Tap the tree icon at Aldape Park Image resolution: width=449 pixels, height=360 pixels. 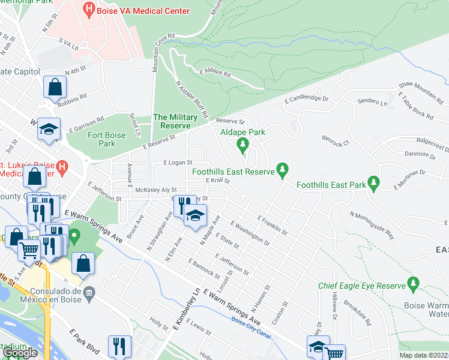pyautogui.click(x=243, y=144)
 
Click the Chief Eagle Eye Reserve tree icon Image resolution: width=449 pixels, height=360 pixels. pyautogui.click(x=412, y=282)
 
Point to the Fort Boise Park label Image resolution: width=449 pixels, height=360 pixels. pyautogui.click(x=107, y=139)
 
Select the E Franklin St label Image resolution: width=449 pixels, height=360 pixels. pyautogui.click(x=273, y=225)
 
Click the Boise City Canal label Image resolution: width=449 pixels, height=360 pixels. pyautogui.click(x=250, y=322)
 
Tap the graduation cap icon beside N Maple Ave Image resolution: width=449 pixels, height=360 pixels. pyautogui.click(x=194, y=215)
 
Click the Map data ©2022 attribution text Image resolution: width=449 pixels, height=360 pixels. pyautogui.click(x=423, y=355)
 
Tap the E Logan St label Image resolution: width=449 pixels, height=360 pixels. pyautogui.click(x=178, y=163)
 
